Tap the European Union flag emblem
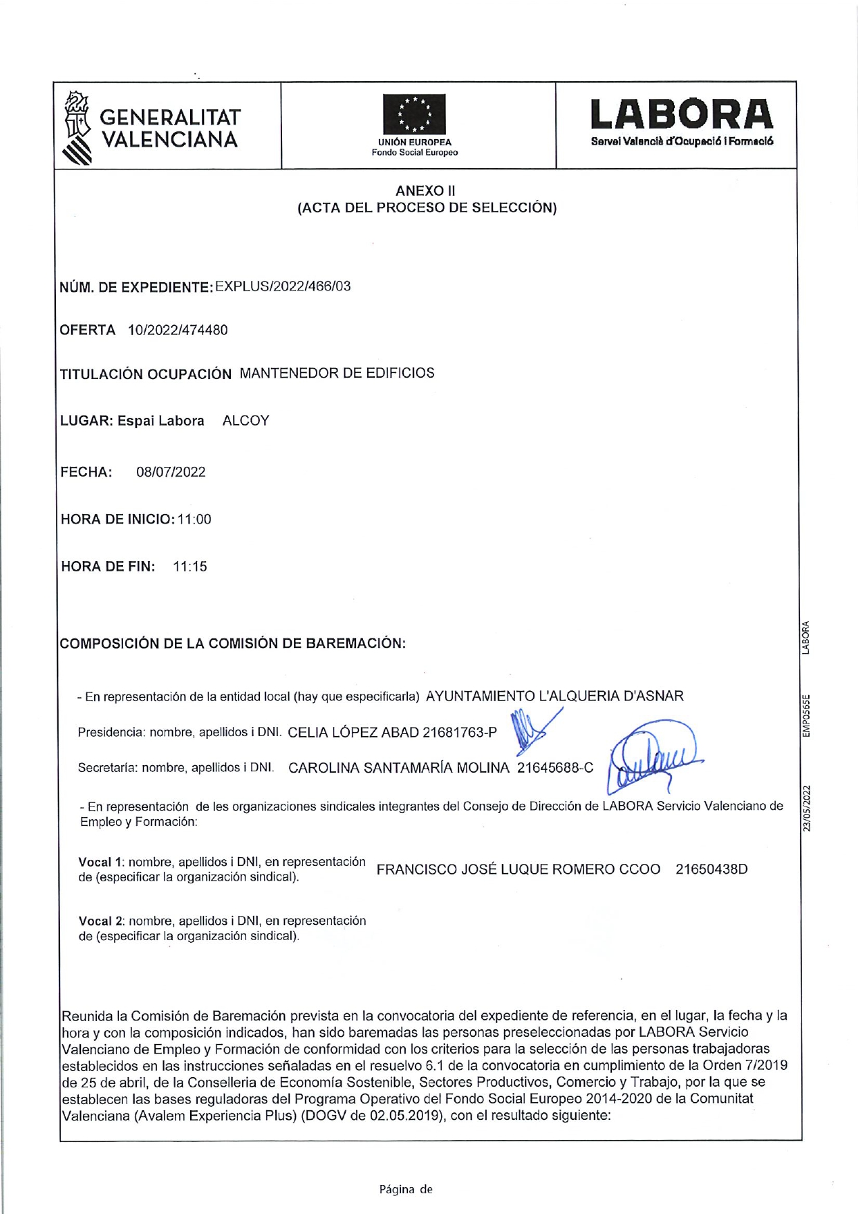(415, 114)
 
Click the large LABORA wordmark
(682, 115)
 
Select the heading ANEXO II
(425, 191)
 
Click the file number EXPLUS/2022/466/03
(283, 286)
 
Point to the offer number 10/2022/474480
(178, 330)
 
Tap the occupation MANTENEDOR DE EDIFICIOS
(337, 373)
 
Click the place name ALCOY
(245, 421)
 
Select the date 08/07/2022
(171, 472)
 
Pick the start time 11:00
(194, 519)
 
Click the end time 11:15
(190, 567)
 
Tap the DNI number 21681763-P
(460, 733)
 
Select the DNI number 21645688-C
(555, 768)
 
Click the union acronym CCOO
(640, 870)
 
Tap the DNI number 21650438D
(711, 870)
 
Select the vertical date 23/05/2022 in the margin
(806, 808)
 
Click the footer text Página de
(406, 1189)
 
